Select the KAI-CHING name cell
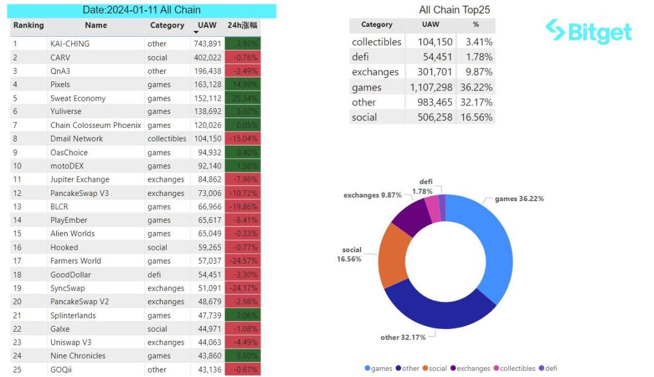pyautogui.click(x=70, y=44)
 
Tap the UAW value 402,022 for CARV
pyautogui.click(x=206, y=57)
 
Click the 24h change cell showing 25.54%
pyautogui.click(x=242, y=98)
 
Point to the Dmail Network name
pyautogui.click(x=77, y=139)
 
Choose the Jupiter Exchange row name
pyautogui.click(x=80, y=179)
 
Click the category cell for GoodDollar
pyautogui.click(x=154, y=274)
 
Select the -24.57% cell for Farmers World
pyautogui.click(x=242, y=261)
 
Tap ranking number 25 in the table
pyautogui.click(x=17, y=370)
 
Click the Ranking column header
pyautogui.click(x=29, y=25)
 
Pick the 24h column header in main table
pyautogui.click(x=242, y=25)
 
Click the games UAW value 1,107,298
pyautogui.click(x=431, y=87)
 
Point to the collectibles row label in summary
pyautogui.click(x=377, y=42)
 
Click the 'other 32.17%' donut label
pyautogui.click(x=403, y=337)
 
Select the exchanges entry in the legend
pyautogui.click(x=471, y=368)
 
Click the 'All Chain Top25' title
pyautogui.click(x=455, y=10)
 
